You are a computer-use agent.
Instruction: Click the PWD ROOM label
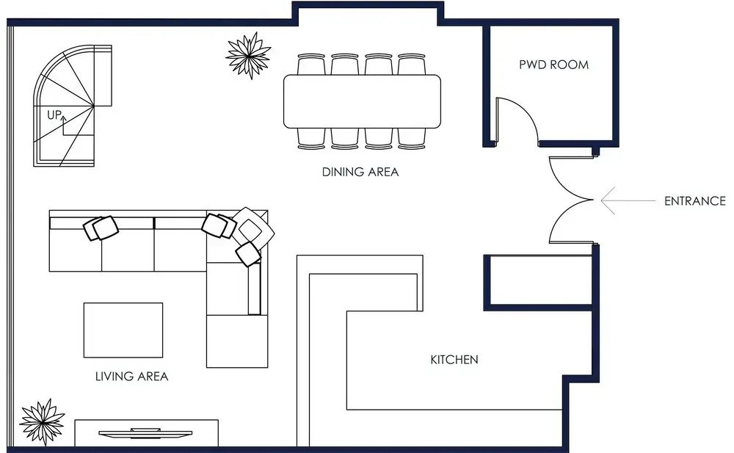553,65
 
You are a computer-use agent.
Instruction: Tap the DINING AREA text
360,172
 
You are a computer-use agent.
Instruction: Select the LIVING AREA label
131,376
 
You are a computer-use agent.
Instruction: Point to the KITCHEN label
454,360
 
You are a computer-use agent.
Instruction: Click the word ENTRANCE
694,201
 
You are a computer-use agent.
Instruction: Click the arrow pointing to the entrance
628,200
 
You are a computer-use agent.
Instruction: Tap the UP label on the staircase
54,115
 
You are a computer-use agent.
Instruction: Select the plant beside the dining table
249,55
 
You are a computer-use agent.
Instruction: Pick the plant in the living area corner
42,421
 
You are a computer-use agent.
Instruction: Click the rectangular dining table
363,101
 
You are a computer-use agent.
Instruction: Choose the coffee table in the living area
123,330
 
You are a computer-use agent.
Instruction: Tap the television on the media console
145,433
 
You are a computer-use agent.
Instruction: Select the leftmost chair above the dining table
311,64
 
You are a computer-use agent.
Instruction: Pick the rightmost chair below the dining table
412,139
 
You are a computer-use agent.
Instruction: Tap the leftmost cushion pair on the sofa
101,228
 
